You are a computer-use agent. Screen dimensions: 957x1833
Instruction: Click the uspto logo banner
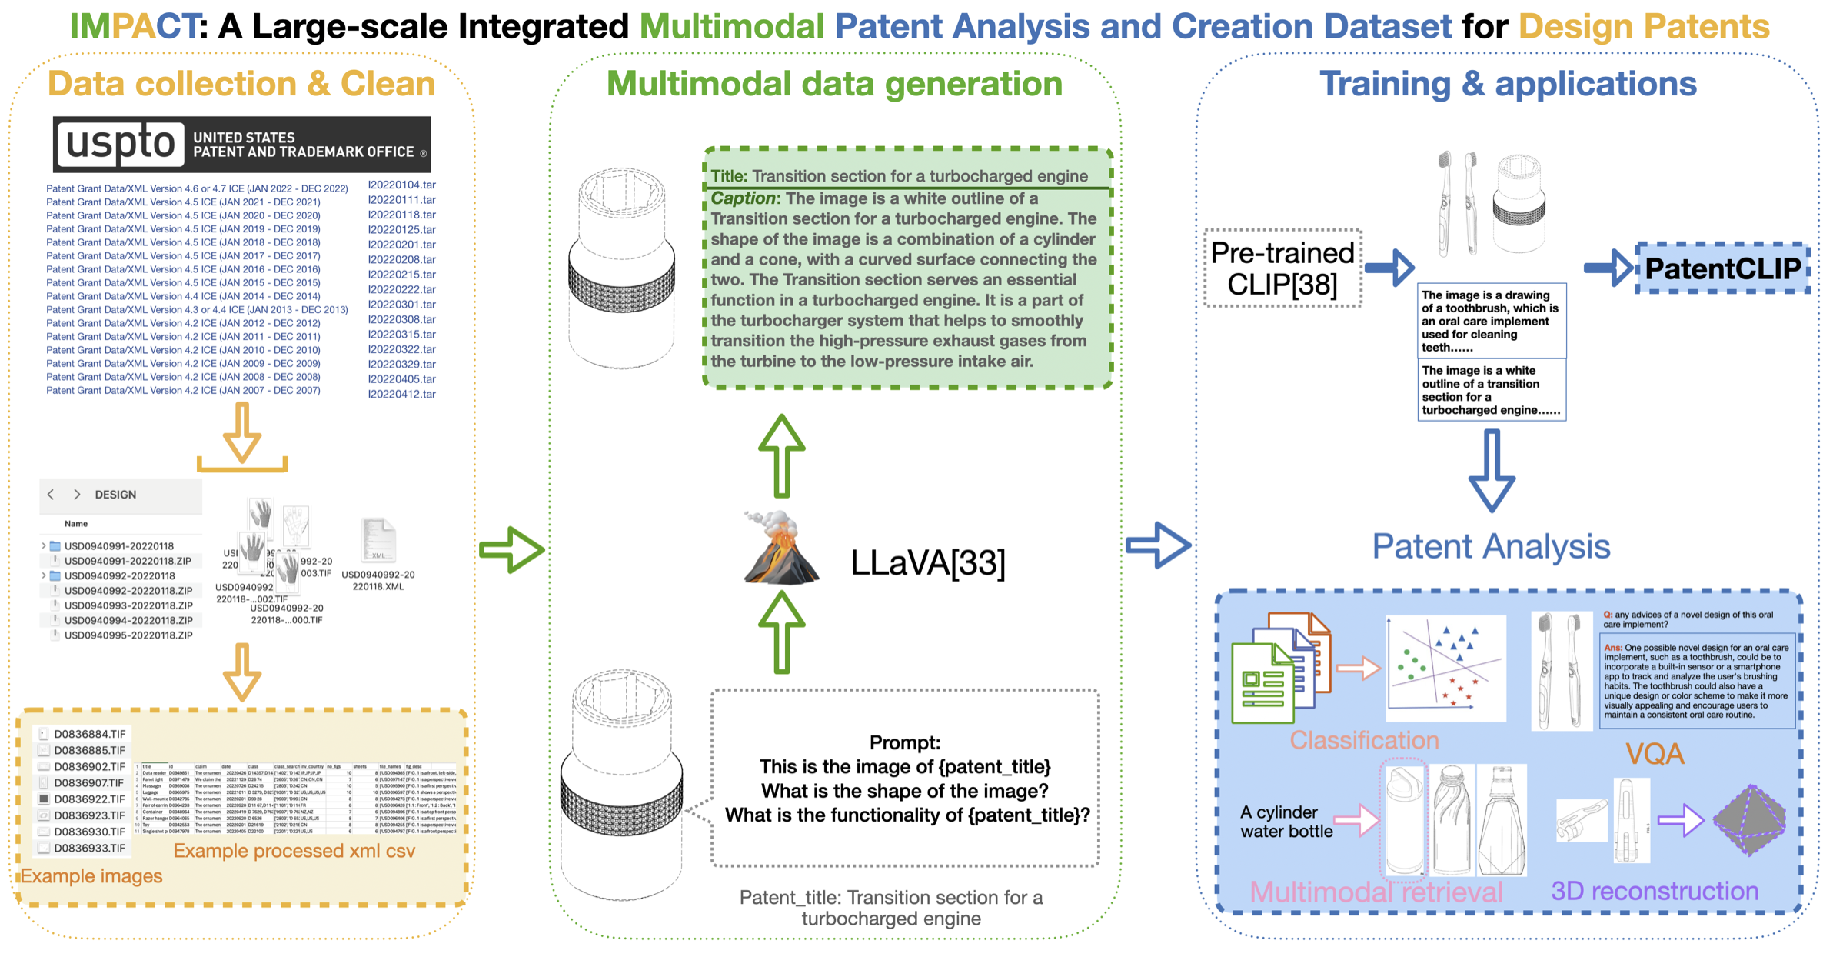(x=241, y=144)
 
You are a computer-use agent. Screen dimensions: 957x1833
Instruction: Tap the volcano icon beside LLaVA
(x=780, y=548)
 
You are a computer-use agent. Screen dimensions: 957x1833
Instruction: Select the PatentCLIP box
(x=1722, y=268)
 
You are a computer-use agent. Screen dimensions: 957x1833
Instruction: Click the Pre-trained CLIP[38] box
(x=1282, y=268)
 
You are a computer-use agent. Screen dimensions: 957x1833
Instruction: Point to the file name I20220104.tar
(x=401, y=185)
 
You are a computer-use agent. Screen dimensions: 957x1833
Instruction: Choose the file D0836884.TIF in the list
(x=89, y=734)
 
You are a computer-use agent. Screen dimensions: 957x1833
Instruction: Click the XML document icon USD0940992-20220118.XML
(x=378, y=540)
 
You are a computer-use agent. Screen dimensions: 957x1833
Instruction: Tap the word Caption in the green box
(x=743, y=198)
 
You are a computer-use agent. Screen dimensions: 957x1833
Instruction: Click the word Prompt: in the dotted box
(x=904, y=742)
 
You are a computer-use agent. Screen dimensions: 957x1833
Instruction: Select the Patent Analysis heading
(x=1491, y=547)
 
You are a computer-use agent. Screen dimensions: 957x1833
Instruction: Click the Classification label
(x=1364, y=740)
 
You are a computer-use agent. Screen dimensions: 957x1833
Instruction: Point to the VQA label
(x=1655, y=754)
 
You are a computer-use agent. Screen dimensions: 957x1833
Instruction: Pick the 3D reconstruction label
(x=1655, y=891)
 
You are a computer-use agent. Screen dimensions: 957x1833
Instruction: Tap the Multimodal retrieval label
(x=1376, y=892)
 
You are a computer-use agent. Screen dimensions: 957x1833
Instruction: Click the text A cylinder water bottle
(x=1286, y=822)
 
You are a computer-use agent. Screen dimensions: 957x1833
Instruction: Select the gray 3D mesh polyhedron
(x=1750, y=820)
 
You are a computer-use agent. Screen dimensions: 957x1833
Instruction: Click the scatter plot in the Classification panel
(x=1445, y=668)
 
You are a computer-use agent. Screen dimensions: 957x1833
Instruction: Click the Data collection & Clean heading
(x=241, y=84)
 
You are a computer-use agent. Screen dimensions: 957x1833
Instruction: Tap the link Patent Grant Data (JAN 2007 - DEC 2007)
(x=183, y=391)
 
